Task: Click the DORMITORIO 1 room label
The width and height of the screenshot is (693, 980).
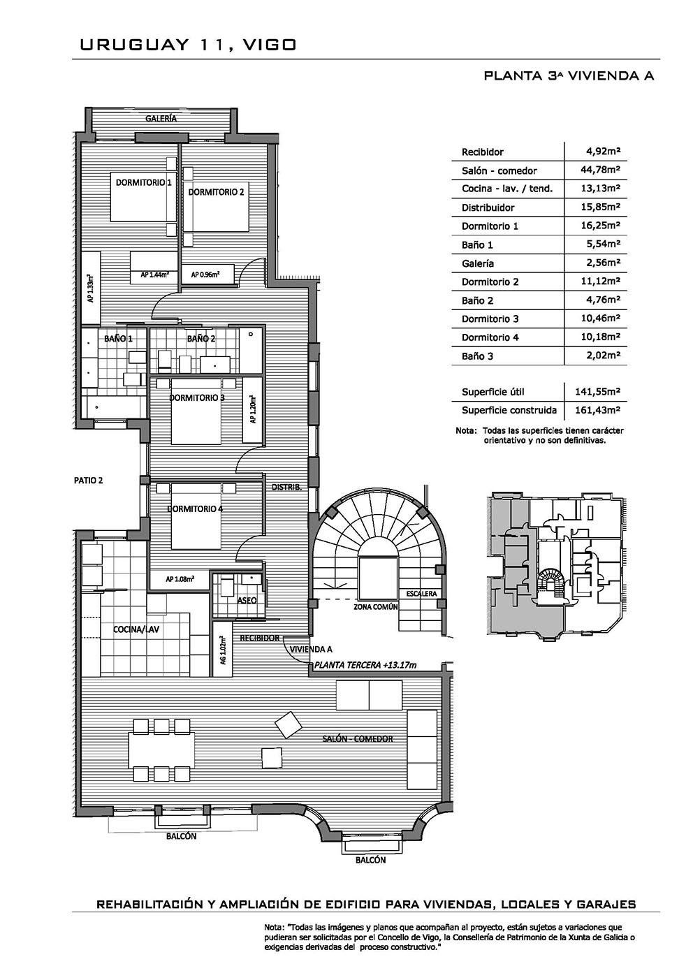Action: pos(143,182)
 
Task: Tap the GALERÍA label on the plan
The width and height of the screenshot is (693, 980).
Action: pos(161,118)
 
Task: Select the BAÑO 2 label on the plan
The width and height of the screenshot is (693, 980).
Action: pos(200,338)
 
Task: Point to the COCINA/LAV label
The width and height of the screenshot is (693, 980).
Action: pos(136,629)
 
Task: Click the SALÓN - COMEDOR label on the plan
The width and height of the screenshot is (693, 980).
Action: pos(358,738)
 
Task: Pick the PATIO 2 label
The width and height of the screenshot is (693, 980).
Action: pos(89,480)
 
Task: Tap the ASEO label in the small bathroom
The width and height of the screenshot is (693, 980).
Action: pos(247,600)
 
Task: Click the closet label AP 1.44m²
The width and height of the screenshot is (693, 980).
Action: pos(155,275)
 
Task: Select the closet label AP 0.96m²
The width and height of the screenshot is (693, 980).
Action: pos(205,275)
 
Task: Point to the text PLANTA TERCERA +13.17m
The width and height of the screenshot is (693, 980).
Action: pos(365,665)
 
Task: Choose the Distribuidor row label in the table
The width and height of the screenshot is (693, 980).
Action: pos(488,207)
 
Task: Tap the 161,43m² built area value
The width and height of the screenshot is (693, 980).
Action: pos(597,410)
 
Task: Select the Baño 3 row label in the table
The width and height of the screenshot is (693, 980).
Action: pos(477,356)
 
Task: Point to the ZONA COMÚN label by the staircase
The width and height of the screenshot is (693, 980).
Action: pos(376,607)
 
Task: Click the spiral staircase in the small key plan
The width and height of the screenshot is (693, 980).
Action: pos(550,582)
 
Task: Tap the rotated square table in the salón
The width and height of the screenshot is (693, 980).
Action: pos(288,724)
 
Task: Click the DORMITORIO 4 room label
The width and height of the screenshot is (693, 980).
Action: pos(195,509)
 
